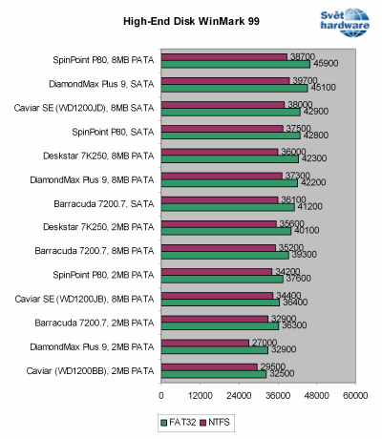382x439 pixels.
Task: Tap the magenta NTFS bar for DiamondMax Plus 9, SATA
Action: (225, 80)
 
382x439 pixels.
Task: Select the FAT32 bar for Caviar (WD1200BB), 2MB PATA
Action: (214, 374)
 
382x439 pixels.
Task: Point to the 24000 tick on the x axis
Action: (240, 394)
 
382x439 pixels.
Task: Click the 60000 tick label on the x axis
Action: (356, 394)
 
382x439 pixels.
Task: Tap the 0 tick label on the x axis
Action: (161, 394)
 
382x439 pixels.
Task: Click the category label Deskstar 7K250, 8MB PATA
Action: (103, 156)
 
